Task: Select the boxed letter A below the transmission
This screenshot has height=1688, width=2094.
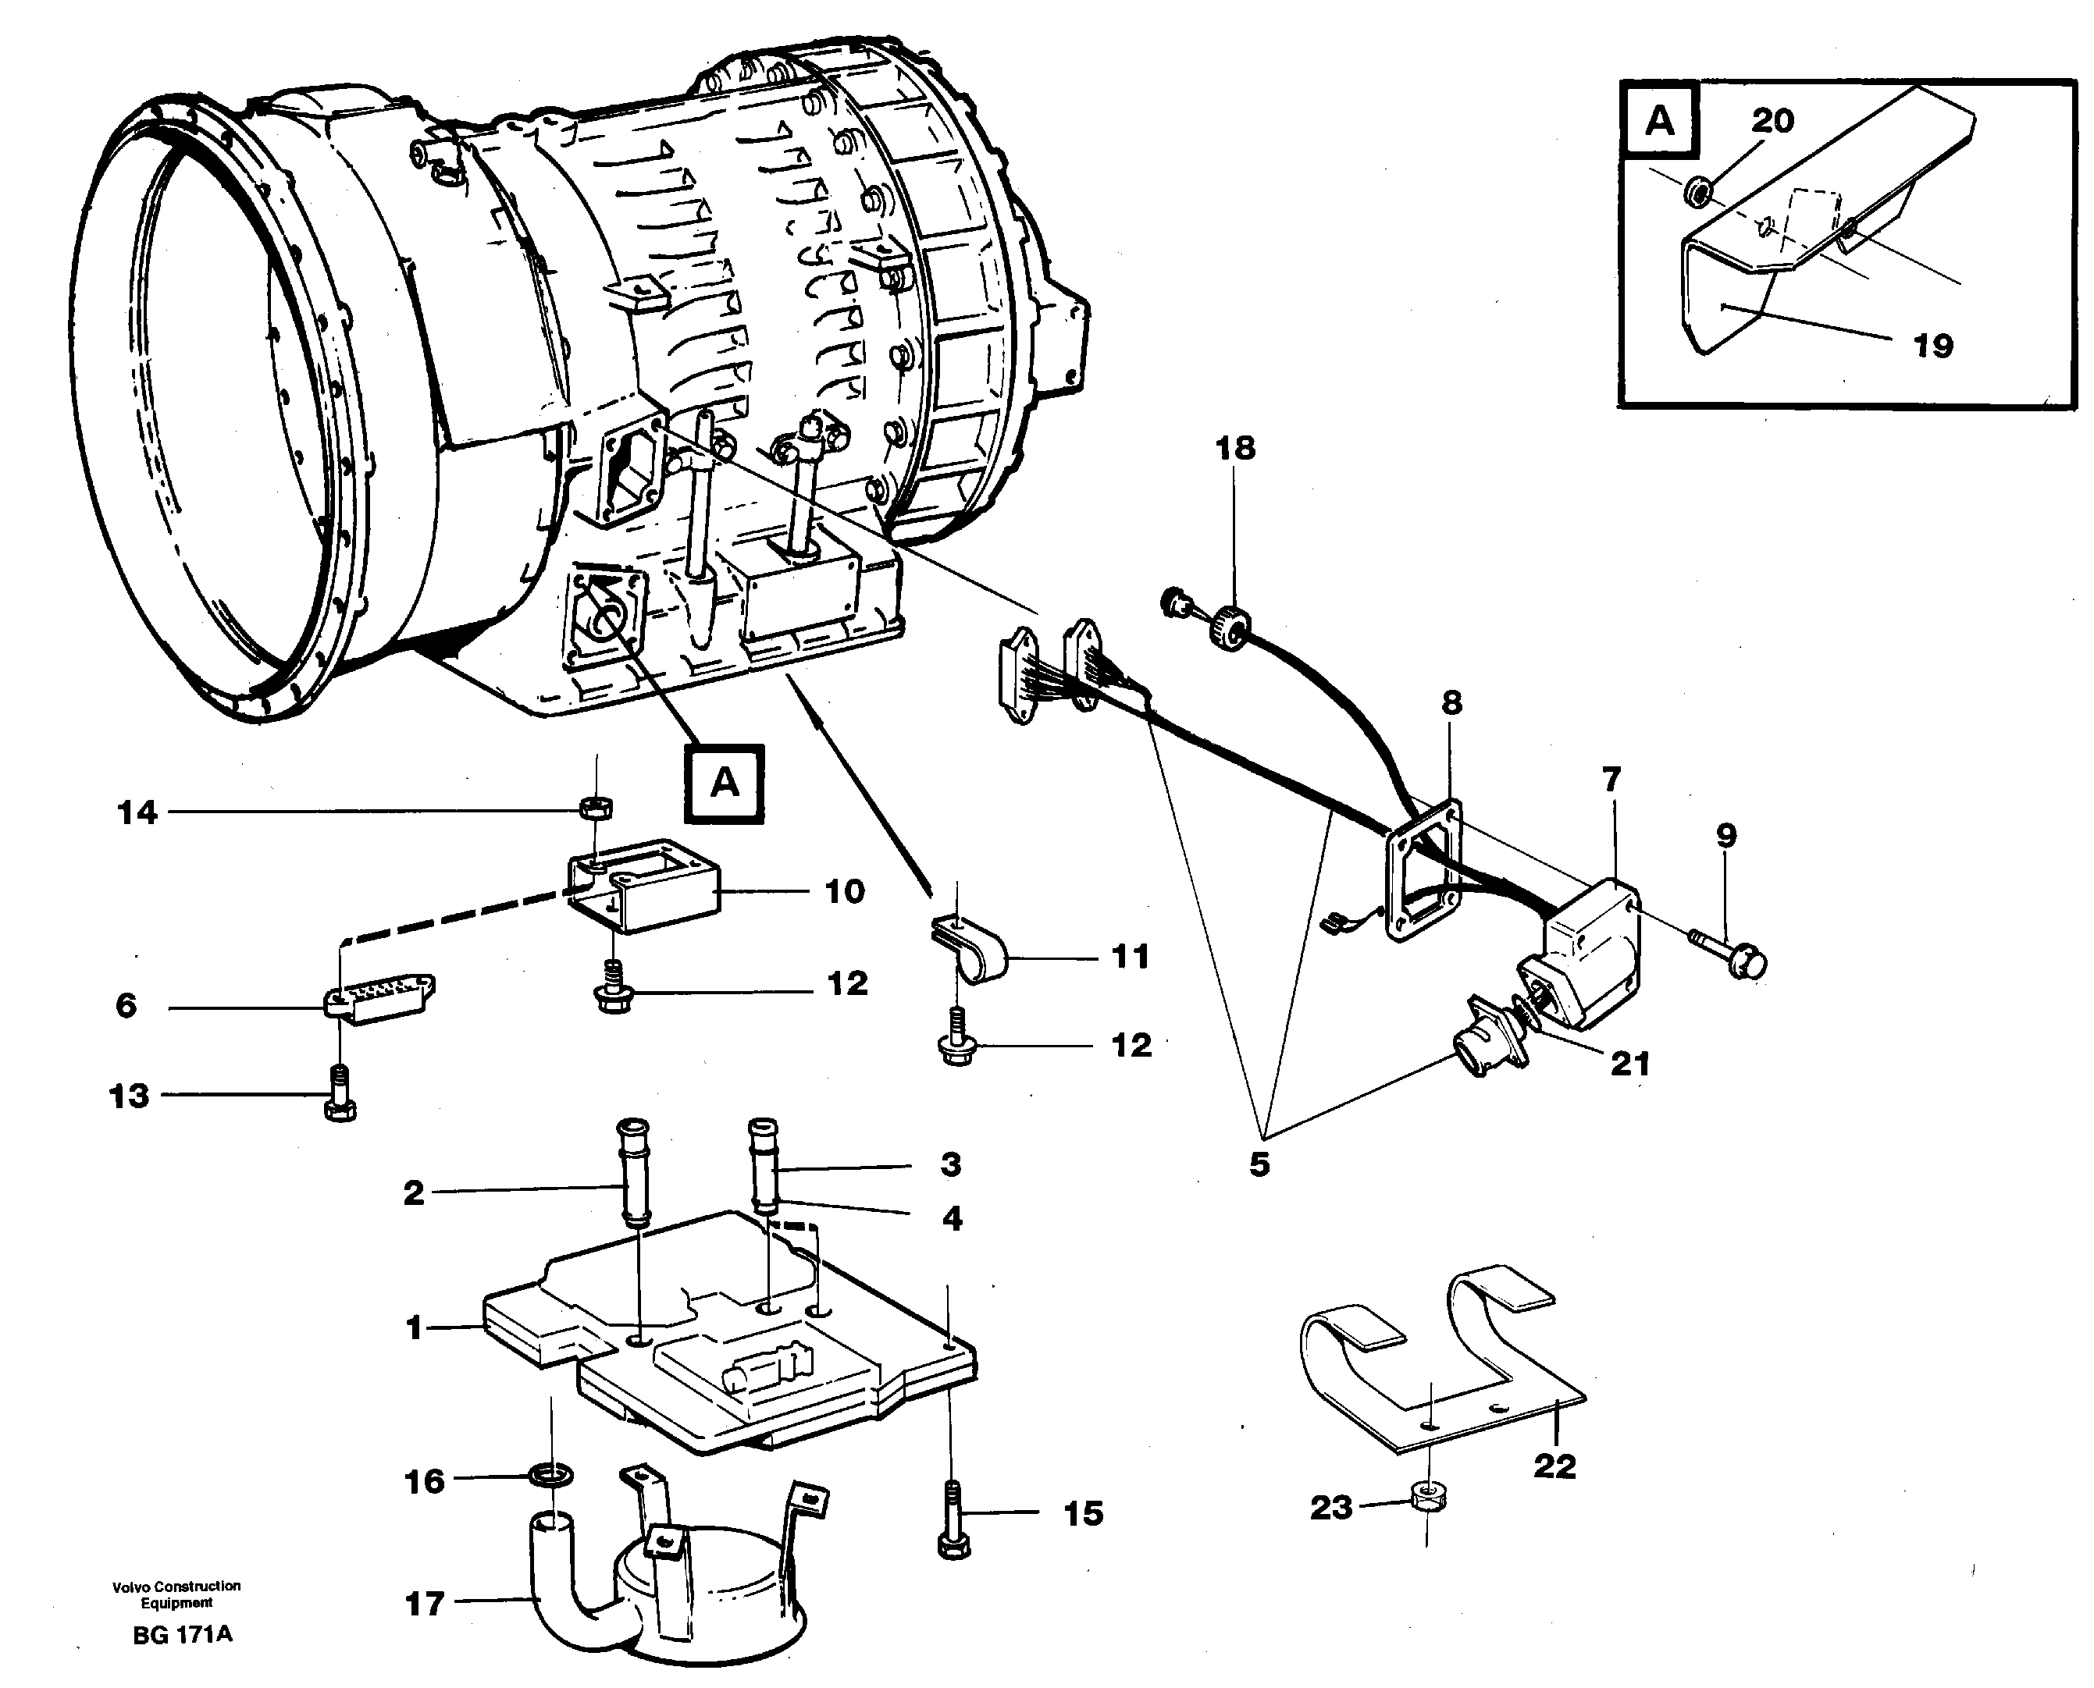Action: (x=724, y=783)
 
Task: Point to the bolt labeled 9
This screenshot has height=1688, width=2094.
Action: (x=1733, y=956)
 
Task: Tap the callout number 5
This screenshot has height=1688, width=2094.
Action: (x=1259, y=1165)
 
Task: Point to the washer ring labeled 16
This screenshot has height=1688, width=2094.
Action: (x=550, y=1476)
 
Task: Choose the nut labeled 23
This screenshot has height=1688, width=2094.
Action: (x=1426, y=1498)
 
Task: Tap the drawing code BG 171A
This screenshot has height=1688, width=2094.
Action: (x=182, y=1634)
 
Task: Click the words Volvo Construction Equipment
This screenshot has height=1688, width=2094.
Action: (x=176, y=1594)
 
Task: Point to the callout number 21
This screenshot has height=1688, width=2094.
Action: (x=1629, y=1064)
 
